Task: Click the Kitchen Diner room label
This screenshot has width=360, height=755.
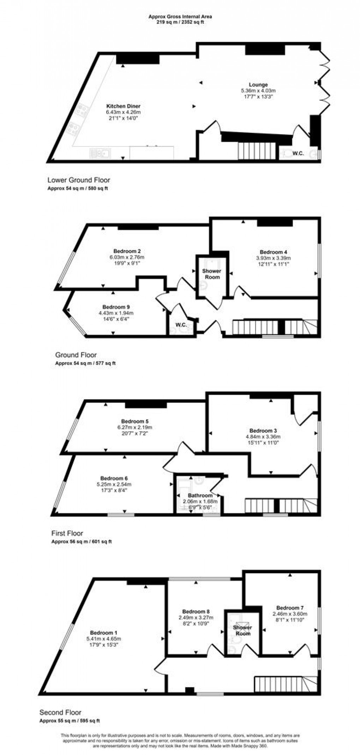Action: (123, 106)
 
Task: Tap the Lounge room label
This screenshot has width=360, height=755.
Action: (258, 85)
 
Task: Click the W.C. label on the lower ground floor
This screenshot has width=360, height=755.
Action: (299, 154)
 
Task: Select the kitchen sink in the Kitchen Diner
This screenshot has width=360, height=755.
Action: (101, 153)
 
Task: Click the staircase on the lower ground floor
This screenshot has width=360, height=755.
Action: (256, 150)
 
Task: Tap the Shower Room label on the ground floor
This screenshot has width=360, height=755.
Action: (211, 274)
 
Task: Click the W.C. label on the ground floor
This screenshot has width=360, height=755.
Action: (181, 324)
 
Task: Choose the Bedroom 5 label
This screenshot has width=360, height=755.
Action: (135, 421)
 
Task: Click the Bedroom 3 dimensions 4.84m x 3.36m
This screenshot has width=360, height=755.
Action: (263, 436)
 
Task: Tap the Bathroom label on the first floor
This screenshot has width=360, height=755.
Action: (200, 496)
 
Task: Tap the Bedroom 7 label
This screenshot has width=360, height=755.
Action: (290, 608)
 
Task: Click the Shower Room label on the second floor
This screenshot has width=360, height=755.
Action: (243, 630)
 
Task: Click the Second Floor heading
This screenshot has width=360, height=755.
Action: (60, 712)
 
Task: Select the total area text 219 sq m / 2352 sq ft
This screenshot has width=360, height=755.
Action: (180, 22)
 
